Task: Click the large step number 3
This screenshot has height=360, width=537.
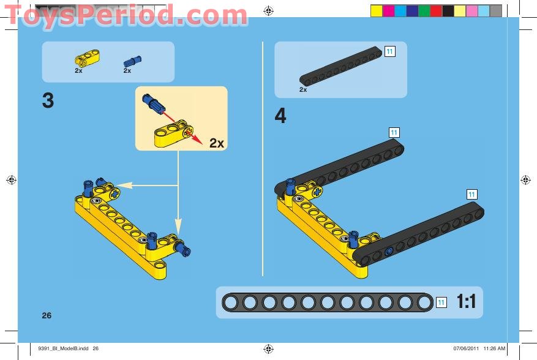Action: click(x=48, y=101)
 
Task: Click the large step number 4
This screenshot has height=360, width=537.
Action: click(x=280, y=116)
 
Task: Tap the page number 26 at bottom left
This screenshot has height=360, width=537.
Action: click(x=47, y=315)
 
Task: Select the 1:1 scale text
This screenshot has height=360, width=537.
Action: click(x=466, y=302)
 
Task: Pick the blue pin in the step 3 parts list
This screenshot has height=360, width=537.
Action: click(x=132, y=60)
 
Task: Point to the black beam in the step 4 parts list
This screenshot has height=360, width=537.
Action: click(x=340, y=67)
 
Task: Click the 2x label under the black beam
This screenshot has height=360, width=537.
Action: click(x=303, y=89)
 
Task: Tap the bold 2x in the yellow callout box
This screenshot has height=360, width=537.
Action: click(x=217, y=143)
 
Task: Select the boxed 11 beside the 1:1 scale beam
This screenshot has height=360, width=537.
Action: click(x=441, y=302)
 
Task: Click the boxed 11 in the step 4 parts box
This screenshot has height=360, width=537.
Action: click(x=389, y=51)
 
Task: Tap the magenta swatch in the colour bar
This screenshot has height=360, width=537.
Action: click(x=388, y=10)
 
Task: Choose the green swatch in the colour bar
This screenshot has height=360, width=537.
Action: click(x=424, y=10)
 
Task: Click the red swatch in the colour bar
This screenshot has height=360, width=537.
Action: click(x=436, y=10)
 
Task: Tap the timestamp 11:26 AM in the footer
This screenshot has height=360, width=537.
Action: click(x=494, y=349)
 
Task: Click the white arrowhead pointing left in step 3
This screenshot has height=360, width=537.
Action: click(x=121, y=184)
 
